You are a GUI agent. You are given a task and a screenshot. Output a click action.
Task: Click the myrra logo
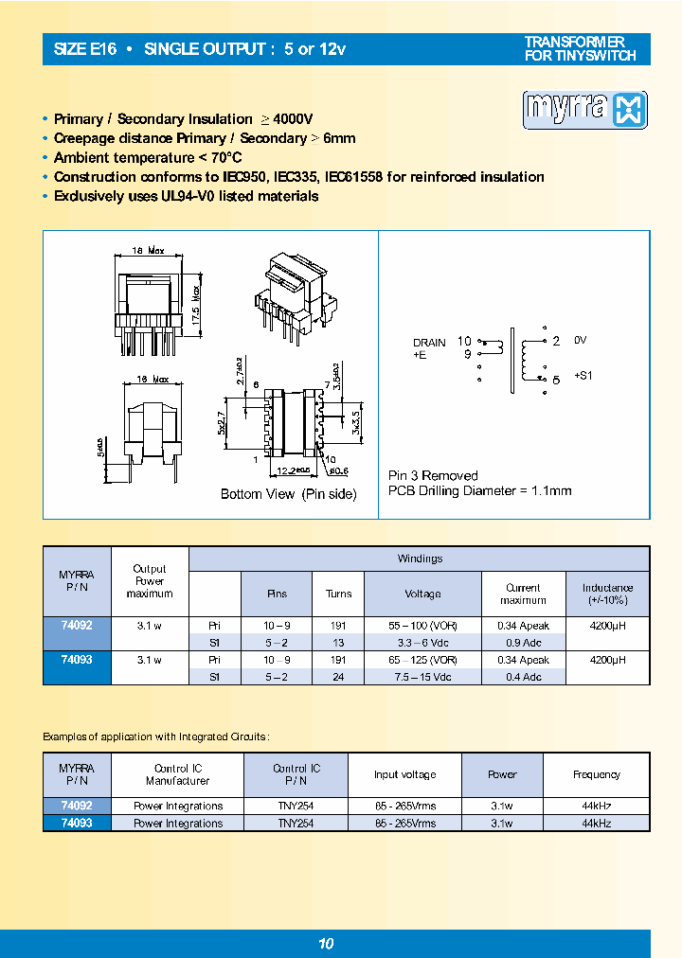[584, 110]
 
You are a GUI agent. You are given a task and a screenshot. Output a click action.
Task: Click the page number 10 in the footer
[325, 943]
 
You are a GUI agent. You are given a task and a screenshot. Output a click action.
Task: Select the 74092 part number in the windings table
[78, 626]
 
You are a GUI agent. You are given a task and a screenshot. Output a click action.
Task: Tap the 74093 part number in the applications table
[78, 824]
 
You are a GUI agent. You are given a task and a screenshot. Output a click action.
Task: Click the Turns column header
[338, 594]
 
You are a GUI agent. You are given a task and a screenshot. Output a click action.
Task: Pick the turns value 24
[338, 676]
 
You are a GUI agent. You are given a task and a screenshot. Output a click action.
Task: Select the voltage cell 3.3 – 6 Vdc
[422, 642]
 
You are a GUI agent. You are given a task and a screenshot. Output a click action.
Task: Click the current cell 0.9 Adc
[523, 642]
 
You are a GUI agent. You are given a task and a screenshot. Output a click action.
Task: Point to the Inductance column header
[607, 594]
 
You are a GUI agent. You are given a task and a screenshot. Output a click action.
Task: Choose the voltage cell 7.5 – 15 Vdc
[422, 676]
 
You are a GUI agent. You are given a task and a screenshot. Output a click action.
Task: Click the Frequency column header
[597, 774]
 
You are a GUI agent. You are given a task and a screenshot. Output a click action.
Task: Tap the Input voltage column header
[404, 774]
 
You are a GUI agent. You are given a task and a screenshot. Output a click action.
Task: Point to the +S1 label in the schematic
[583, 375]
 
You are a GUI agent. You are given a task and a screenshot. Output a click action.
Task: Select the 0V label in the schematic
[582, 340]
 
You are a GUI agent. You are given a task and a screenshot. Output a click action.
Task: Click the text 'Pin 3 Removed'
[433, 475]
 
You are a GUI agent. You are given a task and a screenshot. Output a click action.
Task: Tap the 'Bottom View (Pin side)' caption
[288, 494]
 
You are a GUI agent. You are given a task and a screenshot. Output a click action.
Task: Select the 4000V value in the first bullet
[293, 119]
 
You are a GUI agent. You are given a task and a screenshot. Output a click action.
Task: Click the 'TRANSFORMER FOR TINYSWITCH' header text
[581, 49]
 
